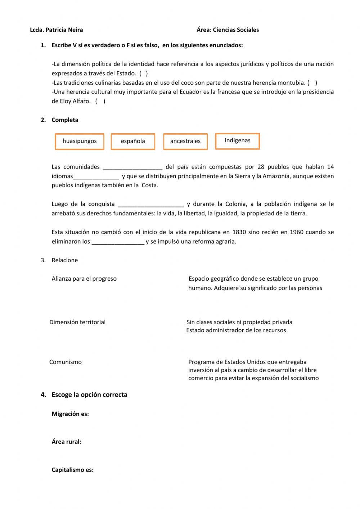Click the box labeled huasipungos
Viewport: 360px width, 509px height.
(80, 141)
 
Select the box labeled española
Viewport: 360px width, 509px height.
(133, 141)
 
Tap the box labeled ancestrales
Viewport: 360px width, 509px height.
(185, 141)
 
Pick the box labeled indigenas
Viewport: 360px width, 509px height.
(237, 140)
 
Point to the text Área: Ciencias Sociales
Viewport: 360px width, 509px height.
(228, 30)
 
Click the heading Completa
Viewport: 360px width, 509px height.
(65, 120)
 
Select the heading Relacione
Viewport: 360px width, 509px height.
(64, 260)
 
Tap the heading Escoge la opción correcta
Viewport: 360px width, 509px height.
(89, 394)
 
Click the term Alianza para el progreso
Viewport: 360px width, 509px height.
(84, 278)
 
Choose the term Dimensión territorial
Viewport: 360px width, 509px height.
(77, 322)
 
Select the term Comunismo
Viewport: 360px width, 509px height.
(66, 362)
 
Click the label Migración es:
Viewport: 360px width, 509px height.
(70, 414)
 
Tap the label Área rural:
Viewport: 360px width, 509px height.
(66, 442)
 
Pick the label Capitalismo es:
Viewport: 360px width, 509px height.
(72, 470)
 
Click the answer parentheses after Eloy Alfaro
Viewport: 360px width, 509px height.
(100, 101)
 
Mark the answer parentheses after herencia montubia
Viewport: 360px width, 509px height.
(312, 82)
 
